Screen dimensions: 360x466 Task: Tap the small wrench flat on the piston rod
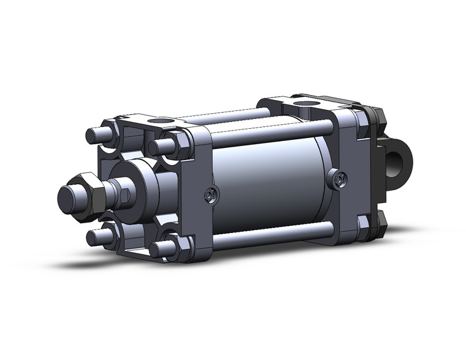click(122, 196)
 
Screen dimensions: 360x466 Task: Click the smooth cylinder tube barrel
click(270, 184)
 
